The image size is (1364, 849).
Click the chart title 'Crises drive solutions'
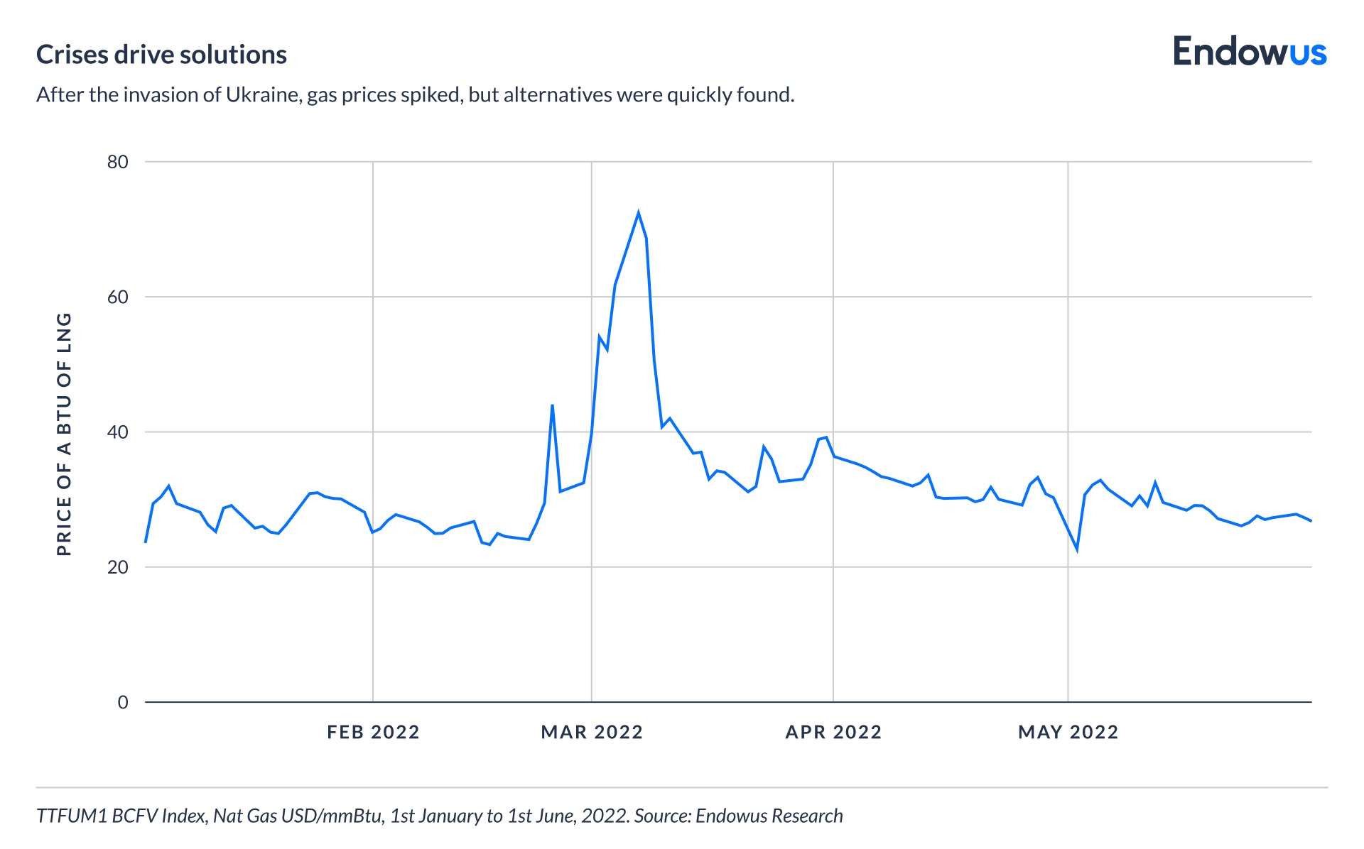tap(161, 55)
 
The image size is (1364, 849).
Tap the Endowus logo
tap(1249, 52)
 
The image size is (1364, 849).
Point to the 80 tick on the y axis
tap(118, 162)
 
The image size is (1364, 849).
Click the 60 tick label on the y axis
tap(118, 297)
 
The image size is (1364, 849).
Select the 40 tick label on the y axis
tap(118, 432)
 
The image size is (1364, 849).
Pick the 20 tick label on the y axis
tap(118, 567)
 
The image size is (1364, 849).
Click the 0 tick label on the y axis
tap(123, 702)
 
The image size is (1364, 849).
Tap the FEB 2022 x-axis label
tap(373, 732)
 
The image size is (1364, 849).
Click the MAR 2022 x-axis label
tap(592, 732)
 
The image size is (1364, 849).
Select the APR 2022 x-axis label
tap(833, 732)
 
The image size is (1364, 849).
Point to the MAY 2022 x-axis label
tap(1068, 732)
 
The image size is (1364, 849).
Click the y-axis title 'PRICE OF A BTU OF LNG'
tap(64, 434)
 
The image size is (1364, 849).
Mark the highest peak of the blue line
tap(638, 212)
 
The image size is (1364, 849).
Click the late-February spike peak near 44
tap(552, 405)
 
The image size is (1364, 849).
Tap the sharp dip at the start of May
tap(1077, 549)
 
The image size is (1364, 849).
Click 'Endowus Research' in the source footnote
tap(769, 816)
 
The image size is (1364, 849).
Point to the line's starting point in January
tap(146, 542)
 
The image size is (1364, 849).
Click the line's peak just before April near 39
tap(826, 437)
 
